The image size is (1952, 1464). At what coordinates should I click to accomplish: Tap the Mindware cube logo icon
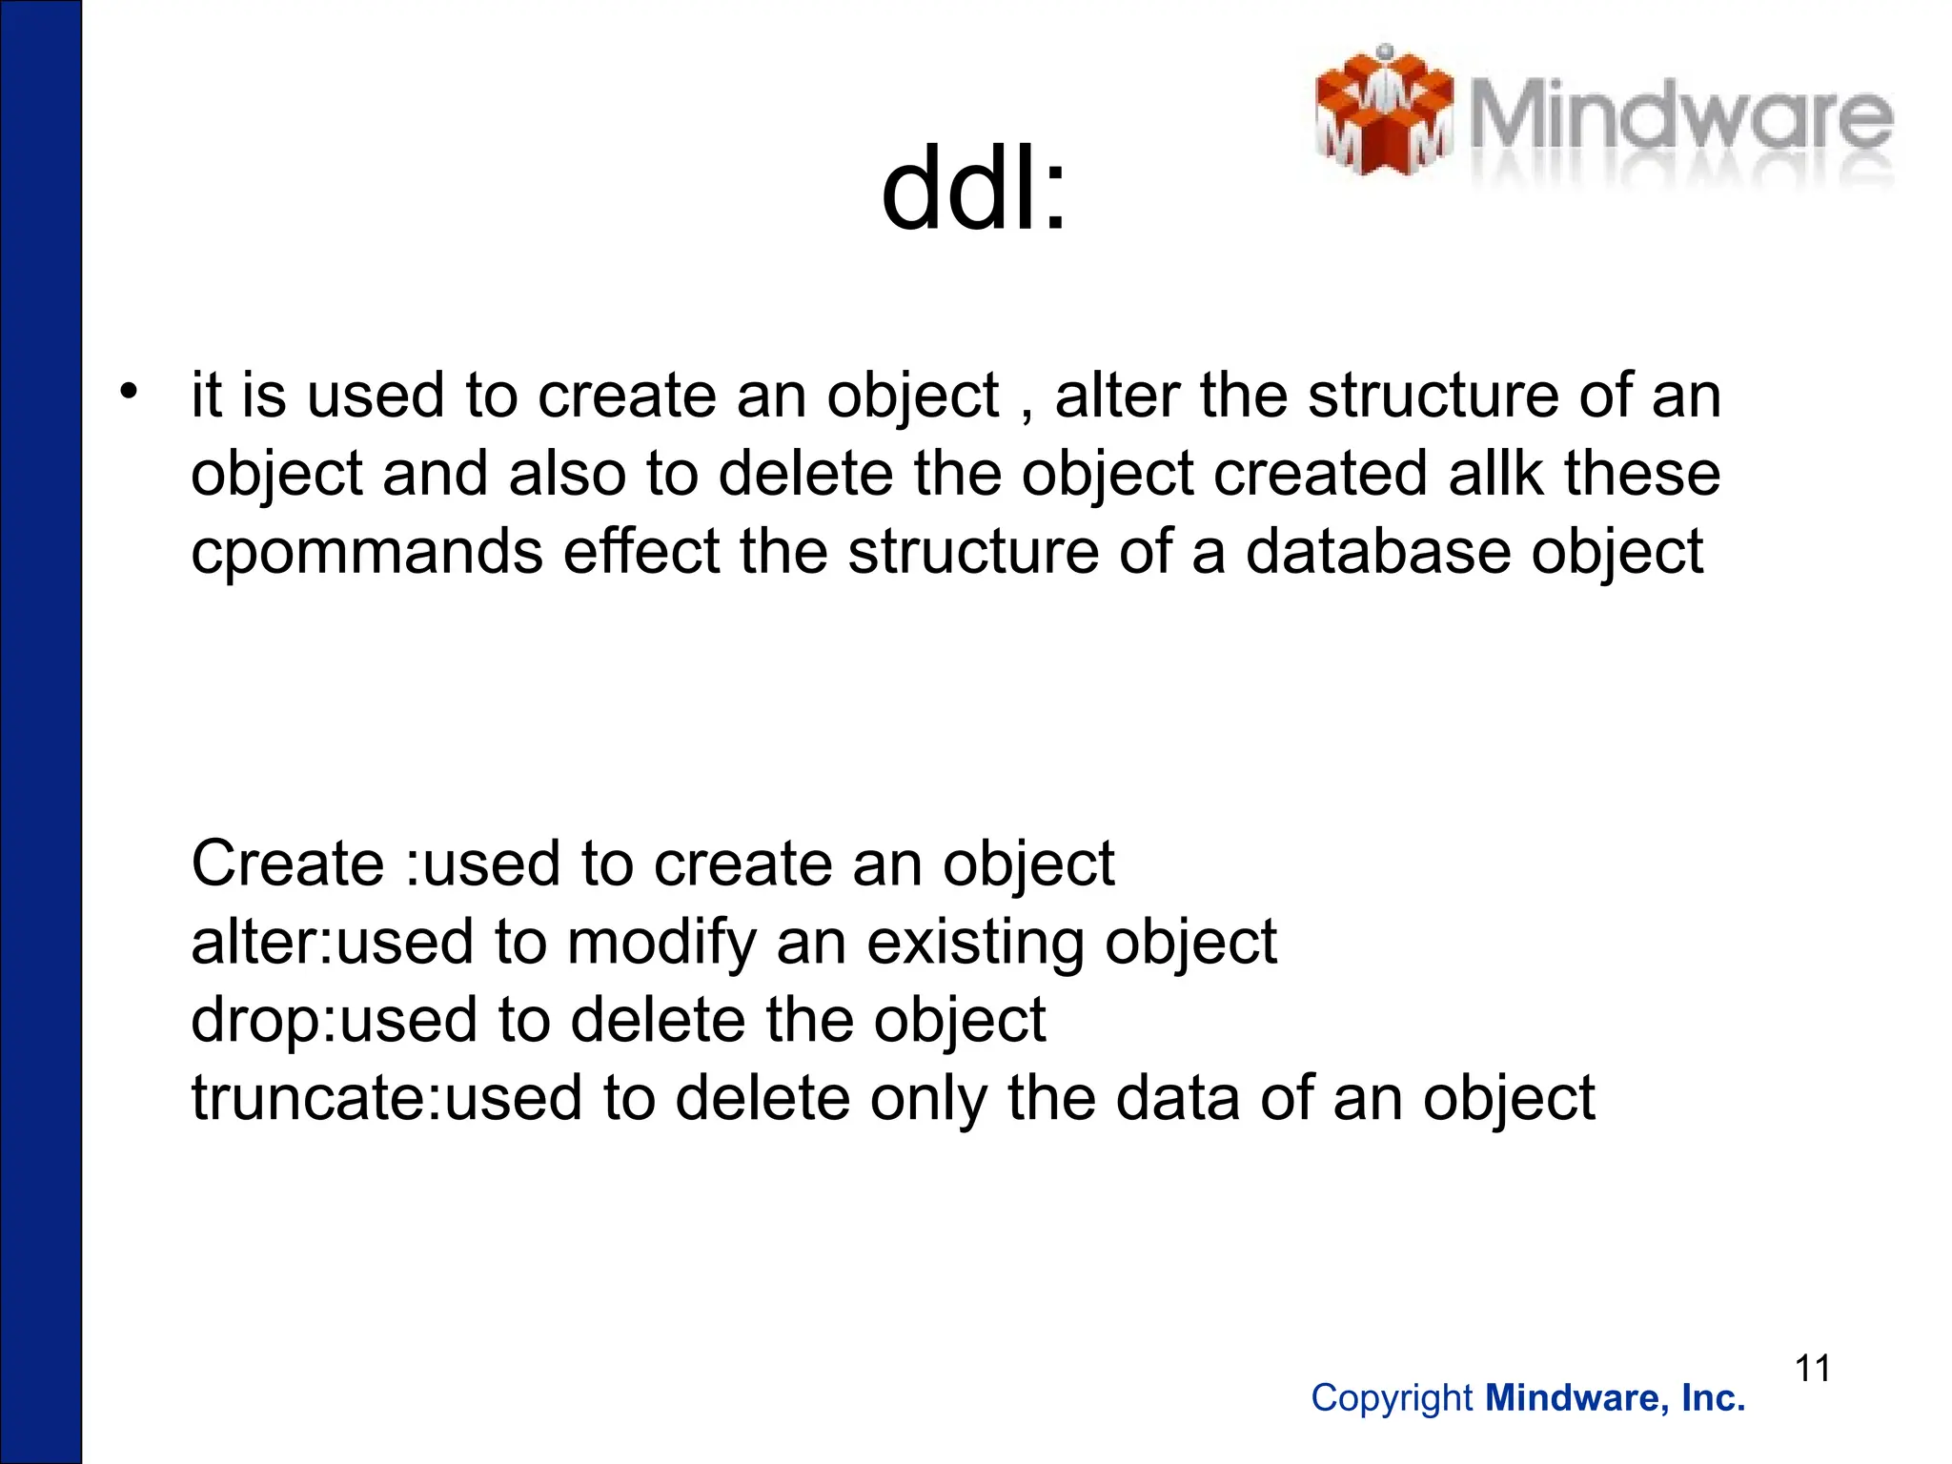(x=1383, y=112)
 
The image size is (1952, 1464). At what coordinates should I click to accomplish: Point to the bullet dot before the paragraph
(x=129, y=391)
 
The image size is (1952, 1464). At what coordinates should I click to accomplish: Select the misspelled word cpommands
(x=366, y=553)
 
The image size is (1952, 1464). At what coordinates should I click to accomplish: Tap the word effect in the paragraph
(x=641, y=552)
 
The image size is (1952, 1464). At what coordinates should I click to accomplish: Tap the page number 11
(x=1813, y=1369)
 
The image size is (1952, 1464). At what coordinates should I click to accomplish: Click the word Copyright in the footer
(x=1392, y=1398)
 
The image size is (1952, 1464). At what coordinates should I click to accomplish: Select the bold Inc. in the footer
(x=1713, y=1398)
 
